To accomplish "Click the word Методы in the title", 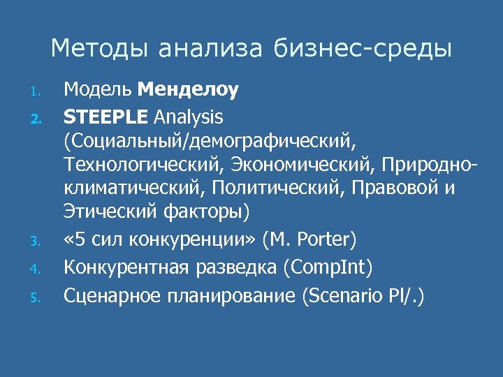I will pos(99,49).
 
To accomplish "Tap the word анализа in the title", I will pos(210,49).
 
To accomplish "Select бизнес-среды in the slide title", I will pos(363,49).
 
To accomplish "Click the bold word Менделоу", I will pos(189,90).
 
